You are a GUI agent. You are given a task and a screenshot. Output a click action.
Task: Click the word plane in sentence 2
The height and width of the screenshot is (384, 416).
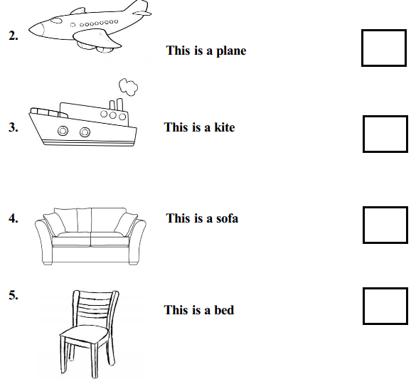231,51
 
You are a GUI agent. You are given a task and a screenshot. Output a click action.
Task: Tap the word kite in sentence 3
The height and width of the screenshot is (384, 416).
225,127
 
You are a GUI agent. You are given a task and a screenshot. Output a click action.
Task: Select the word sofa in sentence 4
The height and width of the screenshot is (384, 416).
227,218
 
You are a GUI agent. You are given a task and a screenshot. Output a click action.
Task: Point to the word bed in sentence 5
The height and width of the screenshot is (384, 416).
224,310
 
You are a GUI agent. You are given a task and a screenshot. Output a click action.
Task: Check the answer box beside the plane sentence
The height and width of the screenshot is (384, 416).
383,31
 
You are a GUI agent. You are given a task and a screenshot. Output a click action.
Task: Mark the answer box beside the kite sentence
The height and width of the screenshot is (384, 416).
385,116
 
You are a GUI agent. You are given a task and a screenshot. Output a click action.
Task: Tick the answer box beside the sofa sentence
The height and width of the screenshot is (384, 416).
385,207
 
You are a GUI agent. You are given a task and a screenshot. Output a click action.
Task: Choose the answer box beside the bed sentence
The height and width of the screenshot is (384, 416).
385,288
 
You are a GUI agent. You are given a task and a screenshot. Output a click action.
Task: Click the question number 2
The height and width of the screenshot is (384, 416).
14,36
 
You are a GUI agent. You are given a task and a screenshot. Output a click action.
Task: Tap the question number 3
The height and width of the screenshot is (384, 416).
14,127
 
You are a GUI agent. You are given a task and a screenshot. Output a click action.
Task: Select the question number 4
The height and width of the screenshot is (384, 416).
14,218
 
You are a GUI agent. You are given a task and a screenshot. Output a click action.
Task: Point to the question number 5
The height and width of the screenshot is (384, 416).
14,295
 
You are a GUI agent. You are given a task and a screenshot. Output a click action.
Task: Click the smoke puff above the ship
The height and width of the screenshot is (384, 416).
128,87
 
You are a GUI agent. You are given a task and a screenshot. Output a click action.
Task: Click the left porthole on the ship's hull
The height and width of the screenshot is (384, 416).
63,131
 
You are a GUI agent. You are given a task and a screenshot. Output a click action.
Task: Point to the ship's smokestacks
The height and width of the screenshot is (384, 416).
117,105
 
